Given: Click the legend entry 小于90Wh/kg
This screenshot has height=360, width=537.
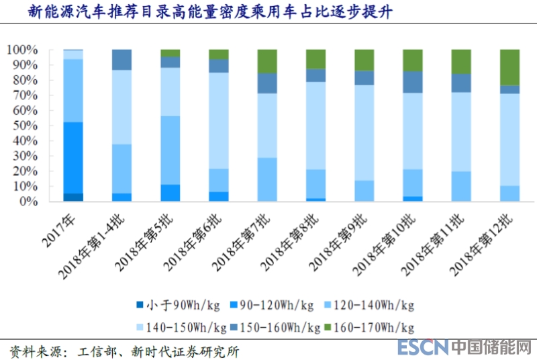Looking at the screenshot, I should pos(167,306).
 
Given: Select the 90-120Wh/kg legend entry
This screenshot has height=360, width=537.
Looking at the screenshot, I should pos(273,306).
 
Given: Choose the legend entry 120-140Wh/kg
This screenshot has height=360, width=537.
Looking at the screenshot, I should pos(373,306).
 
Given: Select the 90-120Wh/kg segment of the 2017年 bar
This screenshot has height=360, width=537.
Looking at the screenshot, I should pos(73,158).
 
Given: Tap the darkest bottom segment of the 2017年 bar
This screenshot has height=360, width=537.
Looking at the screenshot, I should pos(73,197).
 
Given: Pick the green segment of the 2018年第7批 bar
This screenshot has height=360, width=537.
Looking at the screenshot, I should pos(267,61).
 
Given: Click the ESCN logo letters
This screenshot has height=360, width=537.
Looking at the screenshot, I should pos(422,347).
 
